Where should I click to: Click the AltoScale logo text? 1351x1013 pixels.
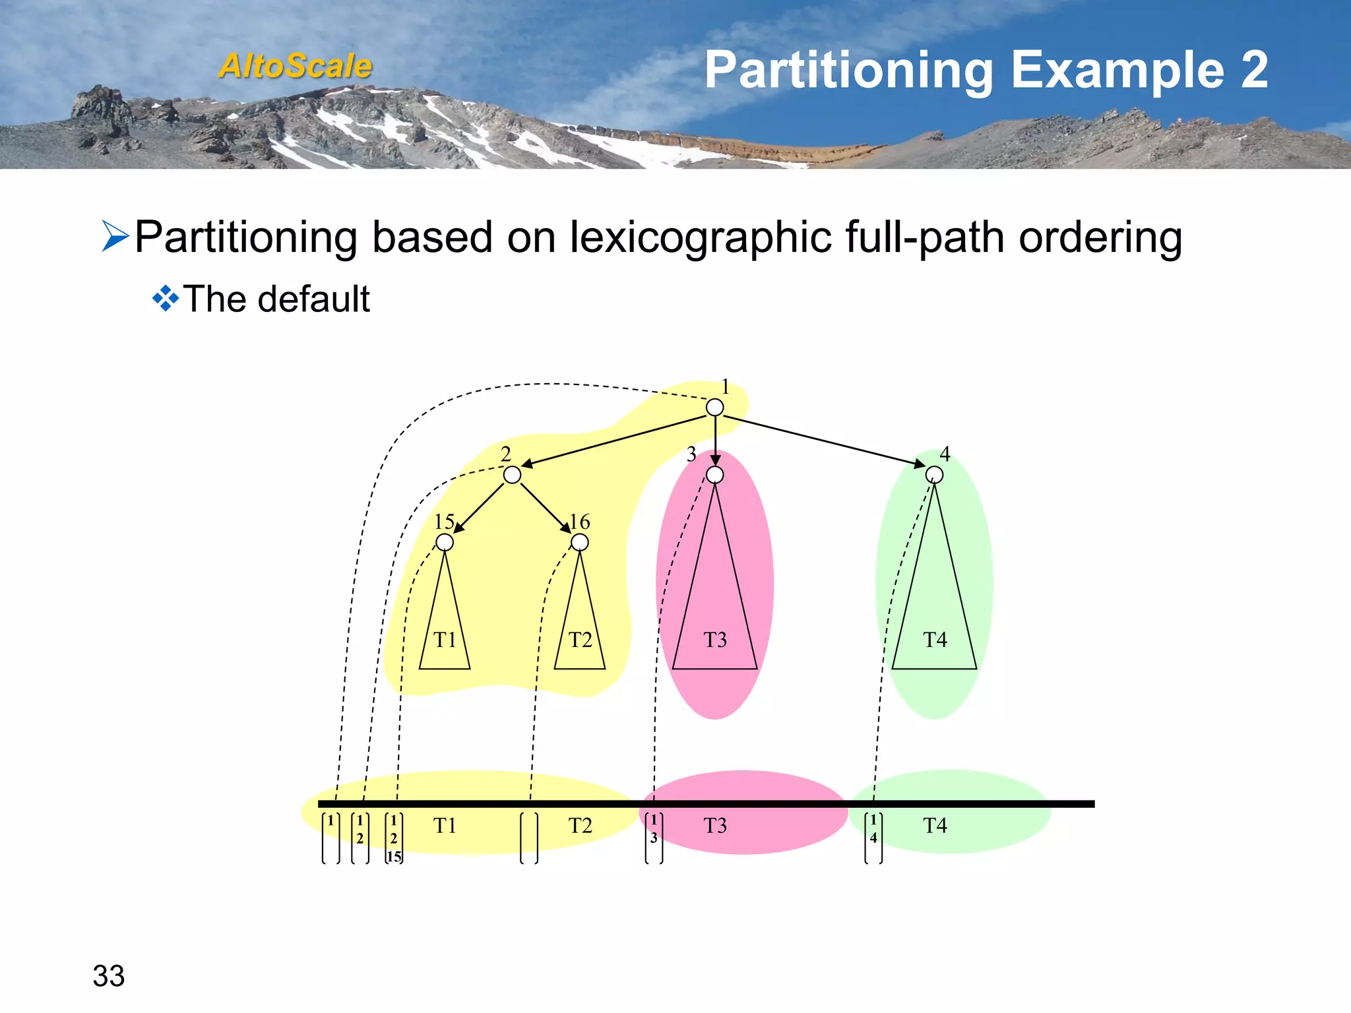pos(296,66)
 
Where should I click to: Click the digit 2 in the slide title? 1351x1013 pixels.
pos(1253,70)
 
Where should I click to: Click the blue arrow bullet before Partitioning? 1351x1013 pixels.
pos(115,237)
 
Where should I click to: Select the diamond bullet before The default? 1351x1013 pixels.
pos(165,299)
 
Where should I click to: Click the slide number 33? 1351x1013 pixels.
pos(109,975)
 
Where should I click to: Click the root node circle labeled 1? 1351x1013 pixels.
pos(714,408)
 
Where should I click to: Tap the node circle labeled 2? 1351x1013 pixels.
pos(512,475)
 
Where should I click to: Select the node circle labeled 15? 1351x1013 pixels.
pos(445,542)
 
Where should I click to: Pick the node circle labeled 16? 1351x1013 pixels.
pos(579,542)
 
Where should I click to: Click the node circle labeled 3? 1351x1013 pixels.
pos(714,475)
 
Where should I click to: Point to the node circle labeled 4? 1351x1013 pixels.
pos(934,475)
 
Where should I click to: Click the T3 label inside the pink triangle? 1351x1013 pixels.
pos(714,640)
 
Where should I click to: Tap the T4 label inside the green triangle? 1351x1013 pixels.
pos(935,640)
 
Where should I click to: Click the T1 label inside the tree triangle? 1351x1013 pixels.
pos(445,640)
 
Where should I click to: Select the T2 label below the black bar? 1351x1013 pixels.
pos(580,825)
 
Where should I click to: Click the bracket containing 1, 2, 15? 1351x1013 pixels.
pos(394,838)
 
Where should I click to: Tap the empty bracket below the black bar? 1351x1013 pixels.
pos(529,838)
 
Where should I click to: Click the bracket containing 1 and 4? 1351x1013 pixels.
pos(873,838)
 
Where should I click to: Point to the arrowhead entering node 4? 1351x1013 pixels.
pos(920,464)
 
